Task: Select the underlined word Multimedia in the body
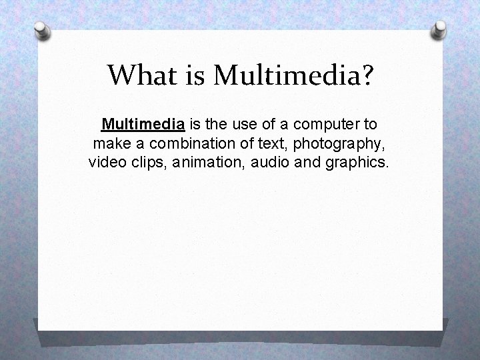[x=143, y=124]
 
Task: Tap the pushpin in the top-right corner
[x=439, y=28]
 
